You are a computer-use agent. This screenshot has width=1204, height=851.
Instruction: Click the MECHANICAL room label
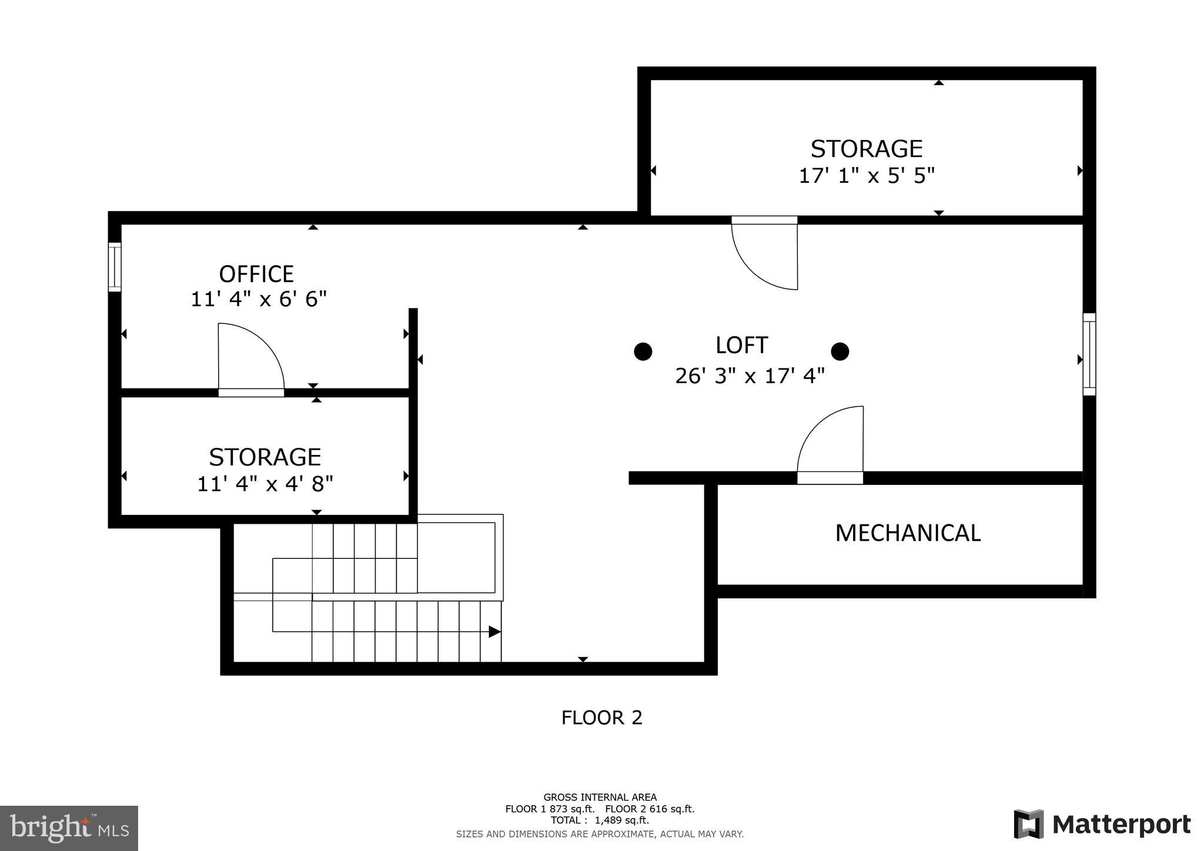coord(908,533)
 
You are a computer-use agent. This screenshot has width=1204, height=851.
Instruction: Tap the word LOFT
coord(741,346)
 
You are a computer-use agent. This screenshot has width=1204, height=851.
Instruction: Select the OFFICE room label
coord(256,274)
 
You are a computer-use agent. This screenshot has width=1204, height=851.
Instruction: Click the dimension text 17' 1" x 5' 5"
coord(866,176)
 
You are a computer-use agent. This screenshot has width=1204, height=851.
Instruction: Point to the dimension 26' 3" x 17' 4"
coord(750,376)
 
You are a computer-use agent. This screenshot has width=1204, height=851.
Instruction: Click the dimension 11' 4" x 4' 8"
coord(265,484)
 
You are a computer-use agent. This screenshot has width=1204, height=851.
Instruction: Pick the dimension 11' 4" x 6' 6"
coord(258,299)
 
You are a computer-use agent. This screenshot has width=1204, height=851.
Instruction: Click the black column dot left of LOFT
coord(643,351)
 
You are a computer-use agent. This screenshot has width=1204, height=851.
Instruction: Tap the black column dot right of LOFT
coord(840,351)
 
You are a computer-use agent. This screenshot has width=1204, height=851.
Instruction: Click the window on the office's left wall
coord(115,267)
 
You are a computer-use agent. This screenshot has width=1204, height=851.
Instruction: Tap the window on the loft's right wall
coord(1089,354)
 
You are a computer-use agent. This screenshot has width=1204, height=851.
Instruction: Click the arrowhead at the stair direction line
coord(494,632)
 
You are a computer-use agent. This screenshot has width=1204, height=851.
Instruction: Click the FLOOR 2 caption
coord(601,718)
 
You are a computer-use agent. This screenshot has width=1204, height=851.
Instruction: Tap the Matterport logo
coord(1102,824)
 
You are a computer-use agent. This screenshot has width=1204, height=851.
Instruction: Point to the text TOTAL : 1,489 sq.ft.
coord(600,820)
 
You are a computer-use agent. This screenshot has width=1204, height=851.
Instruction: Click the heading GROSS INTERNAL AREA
coord(600,798)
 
